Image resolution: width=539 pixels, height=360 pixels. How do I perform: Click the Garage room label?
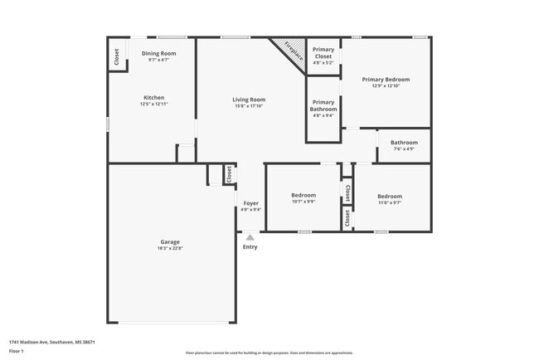(x=169, y=241)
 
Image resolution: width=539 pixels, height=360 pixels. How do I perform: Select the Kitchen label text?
(x=153, y=97)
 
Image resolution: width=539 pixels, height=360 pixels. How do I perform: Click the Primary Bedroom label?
(x=386, y=80)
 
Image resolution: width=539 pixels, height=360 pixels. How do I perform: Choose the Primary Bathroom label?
(x=323, y=106)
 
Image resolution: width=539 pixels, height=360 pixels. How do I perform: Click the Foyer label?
(x=250, y=202)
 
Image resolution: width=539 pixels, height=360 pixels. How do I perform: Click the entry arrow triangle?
(x=250, y=237)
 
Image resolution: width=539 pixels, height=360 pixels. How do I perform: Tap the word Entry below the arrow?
(x=250, y=246)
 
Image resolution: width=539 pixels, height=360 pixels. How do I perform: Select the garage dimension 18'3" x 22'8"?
(x=169, y=248)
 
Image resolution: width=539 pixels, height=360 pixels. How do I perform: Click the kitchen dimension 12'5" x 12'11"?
(x=153, y=104)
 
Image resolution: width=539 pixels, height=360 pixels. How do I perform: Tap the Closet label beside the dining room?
(x=117, y=56)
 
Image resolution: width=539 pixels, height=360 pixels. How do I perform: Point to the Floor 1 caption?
(x=17, y=352)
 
